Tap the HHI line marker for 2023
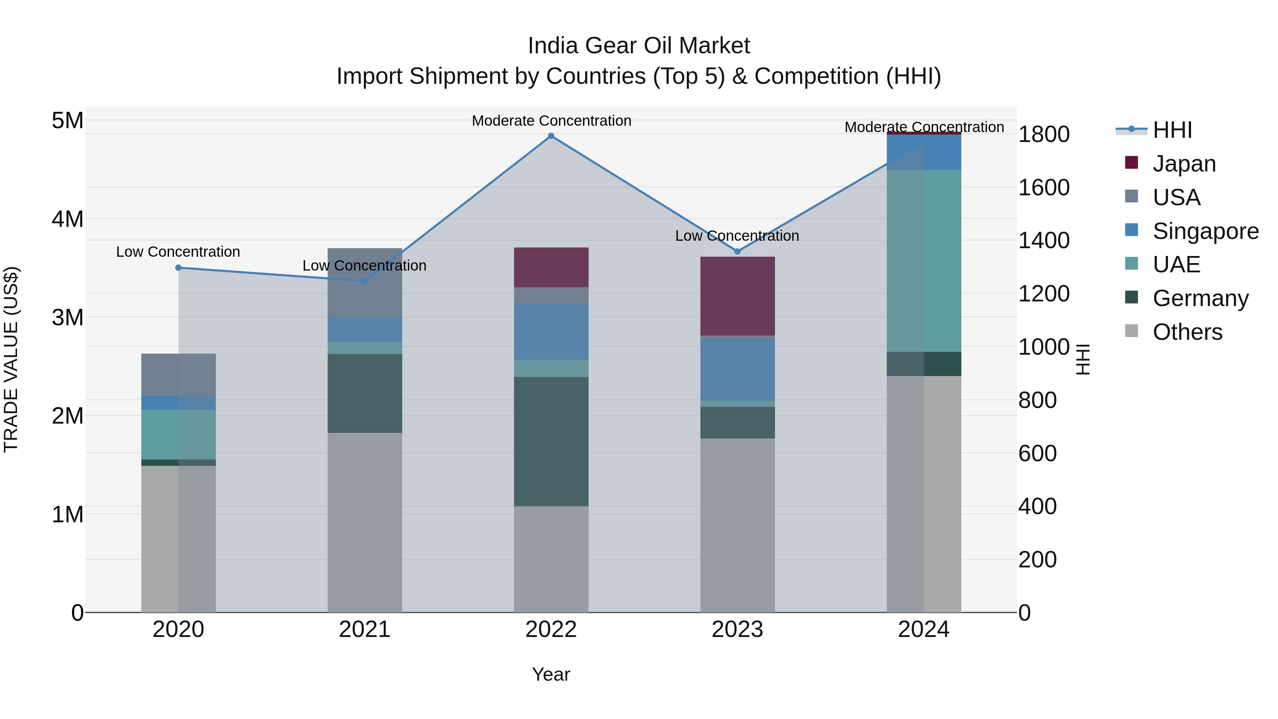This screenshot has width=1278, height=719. [x=737, y=252]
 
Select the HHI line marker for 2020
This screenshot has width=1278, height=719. [x=179, y=268]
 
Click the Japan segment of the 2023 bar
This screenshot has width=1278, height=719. [x=737, y=296]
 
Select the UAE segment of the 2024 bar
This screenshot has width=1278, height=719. [x=924, y=261]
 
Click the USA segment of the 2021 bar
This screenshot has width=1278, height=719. [x=365, y=282]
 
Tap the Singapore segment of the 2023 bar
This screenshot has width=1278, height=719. [x=737, y=369]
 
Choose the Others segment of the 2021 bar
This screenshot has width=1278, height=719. [x=365, y=523]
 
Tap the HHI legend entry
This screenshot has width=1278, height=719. [x=1172, y=130]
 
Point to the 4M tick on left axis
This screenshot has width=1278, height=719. [x=67, y=219]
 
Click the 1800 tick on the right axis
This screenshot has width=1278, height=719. [x=1043, y=135]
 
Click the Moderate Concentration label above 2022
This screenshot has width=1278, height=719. [x=551, y=121]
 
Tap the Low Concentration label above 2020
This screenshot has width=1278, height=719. [x=178, y=252]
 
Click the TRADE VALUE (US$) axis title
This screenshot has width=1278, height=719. [x=11, y=359]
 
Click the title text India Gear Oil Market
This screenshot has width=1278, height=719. [x=639, y=46]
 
